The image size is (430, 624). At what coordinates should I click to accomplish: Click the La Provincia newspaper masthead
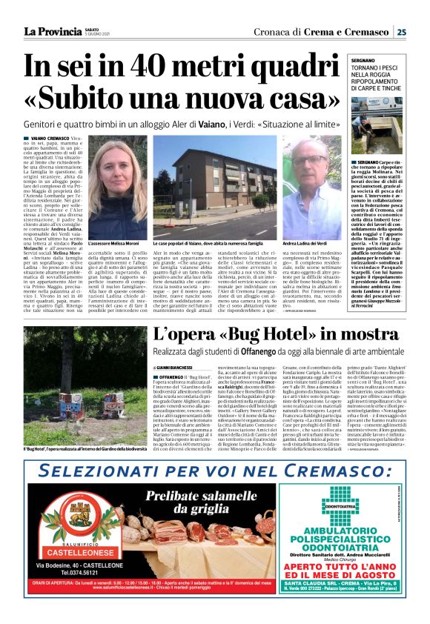(x=51, y=31)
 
